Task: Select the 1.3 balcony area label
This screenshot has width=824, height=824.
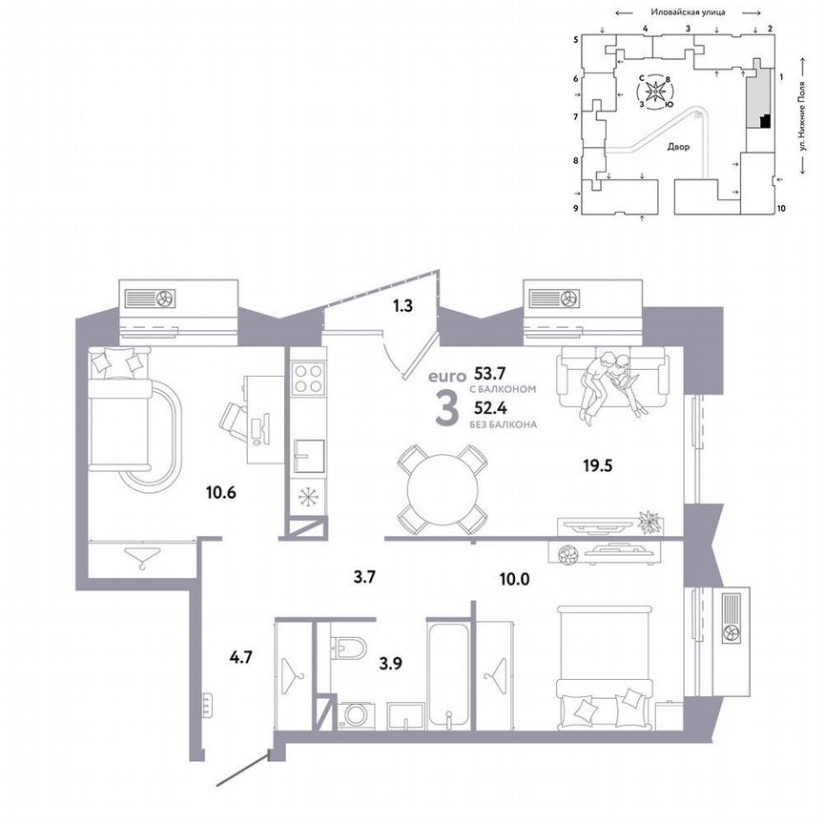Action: click(402, 307)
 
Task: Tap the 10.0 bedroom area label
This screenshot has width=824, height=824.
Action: click(513, 577)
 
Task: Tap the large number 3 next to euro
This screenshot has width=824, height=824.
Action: click(443, 410)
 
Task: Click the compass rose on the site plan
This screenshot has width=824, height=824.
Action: click(655, 93)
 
